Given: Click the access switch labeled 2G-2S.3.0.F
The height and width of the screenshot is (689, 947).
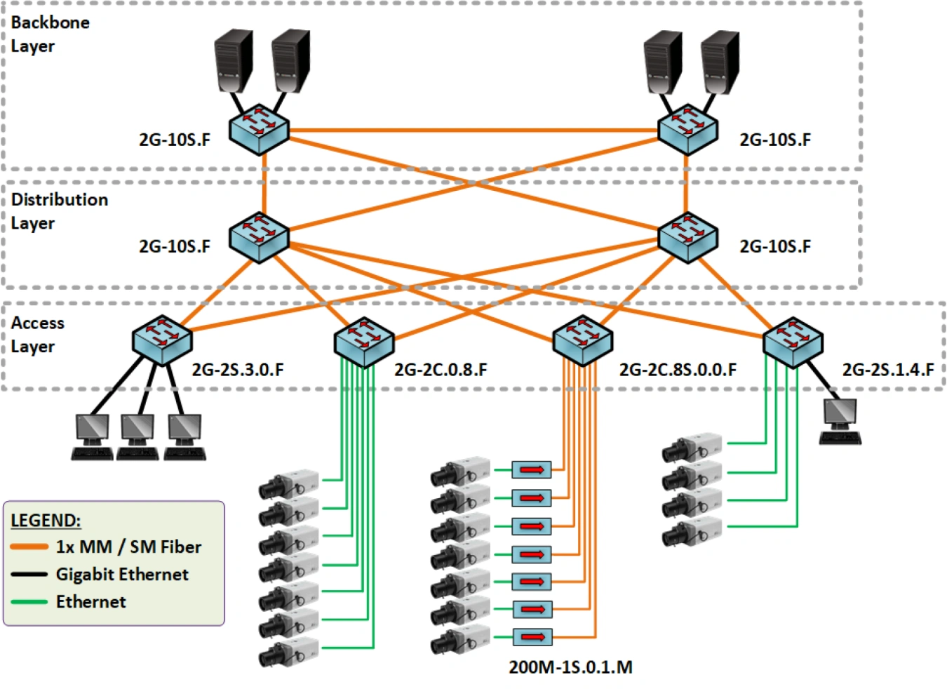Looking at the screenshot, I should click(162, 340).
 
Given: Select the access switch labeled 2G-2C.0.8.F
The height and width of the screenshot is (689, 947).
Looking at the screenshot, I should click(364, 342).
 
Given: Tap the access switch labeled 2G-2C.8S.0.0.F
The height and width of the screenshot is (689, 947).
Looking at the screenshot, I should click(582, 340).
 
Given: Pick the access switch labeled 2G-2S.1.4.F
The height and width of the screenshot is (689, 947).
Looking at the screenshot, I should click(793, 342).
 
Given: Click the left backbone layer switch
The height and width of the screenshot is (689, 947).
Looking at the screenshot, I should click(260, 129).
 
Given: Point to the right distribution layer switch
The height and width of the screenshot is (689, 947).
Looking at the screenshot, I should click(687, 237).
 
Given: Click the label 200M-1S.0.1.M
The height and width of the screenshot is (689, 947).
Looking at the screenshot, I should click(570, 667).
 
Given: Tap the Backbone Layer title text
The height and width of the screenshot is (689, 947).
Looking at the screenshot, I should click(50, 34).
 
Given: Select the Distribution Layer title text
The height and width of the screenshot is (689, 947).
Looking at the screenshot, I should click(59, 211).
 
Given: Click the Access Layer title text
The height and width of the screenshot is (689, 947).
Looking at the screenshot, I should click(37, 335).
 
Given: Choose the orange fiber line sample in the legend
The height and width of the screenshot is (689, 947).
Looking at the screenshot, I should click(29, 547).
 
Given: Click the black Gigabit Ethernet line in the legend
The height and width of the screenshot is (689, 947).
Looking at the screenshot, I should click(29, 574).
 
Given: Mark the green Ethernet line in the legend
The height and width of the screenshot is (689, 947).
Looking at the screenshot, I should click(29, 601).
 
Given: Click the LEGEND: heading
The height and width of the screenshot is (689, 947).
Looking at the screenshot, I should click(46, 521).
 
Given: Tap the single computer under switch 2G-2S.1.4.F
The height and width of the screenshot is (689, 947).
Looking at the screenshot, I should click(840, 422).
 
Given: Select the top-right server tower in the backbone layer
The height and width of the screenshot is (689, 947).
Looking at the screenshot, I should click(720, 62).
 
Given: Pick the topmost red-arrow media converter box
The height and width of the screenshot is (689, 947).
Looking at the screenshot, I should click(531, 469).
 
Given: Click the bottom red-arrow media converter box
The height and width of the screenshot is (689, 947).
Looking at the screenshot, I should click(532, 637).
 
